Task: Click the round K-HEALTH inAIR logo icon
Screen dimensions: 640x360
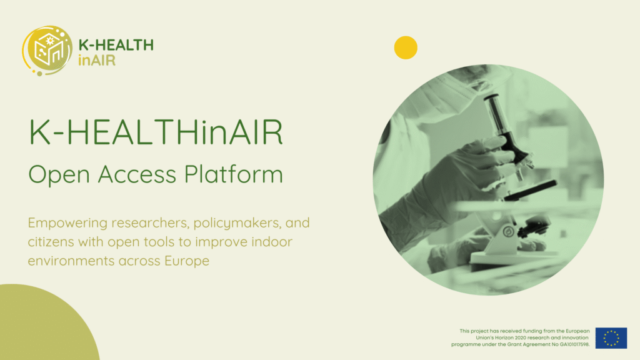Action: (x=47, y=51)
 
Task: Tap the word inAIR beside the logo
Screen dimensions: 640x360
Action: (x=97, y=61)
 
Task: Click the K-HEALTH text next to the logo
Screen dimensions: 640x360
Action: (x=116, y=45)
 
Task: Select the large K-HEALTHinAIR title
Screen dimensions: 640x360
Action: (x=156, y=132)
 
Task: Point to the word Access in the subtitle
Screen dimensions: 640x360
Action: (x=137, y=174)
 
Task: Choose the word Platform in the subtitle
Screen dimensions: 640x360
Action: (x=234, y=174)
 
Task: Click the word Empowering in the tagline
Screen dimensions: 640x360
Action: (x=67, y=223)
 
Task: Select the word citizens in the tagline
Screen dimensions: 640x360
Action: (x=51, y=242)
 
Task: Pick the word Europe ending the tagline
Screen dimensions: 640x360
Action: (x=187, y=261)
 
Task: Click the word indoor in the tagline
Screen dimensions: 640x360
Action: (x=272, y=242)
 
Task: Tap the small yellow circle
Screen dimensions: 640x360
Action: (x=406, y=47)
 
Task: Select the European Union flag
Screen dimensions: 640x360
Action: (x=611, y=338)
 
